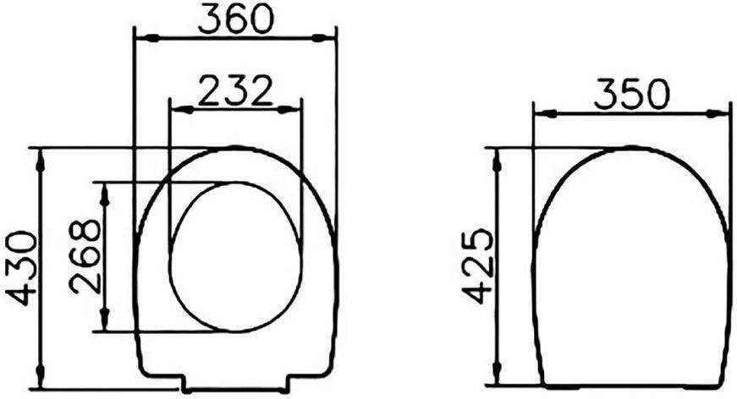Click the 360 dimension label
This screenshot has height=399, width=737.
235,19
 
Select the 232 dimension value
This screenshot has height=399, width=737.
235,90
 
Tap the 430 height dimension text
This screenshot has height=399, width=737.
23,267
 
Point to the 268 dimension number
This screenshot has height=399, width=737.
85,256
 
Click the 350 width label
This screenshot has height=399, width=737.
631,94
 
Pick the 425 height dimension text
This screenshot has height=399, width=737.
479,265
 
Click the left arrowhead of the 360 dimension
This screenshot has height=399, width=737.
144,37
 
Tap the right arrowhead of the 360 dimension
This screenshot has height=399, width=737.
328,37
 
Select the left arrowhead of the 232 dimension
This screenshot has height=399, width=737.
179,108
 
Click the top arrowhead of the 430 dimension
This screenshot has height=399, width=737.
41,157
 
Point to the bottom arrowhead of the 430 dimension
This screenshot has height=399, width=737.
41,381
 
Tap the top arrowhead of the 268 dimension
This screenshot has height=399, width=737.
104,191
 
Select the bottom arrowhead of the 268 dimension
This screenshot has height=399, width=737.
104,322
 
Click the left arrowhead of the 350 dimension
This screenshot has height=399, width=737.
542,112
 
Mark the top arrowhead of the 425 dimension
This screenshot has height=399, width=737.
497,157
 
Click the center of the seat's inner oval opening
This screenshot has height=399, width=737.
235,257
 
